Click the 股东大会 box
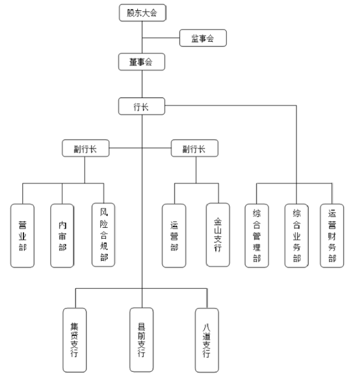(142, 13)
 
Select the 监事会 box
(203, 38)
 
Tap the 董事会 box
(142, 62)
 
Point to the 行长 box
(142, 106)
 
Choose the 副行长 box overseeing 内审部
(86, 148)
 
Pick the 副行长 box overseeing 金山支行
(194, 148)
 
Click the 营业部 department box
(22, 235)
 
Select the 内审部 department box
(62, 235)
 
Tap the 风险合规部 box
(103, 235)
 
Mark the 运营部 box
(174, 235)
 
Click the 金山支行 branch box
(218, 235)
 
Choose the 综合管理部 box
(257, 235)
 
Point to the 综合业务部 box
(297, 235)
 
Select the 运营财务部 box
(332, 235)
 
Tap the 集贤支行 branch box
(75, 340)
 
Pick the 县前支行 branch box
(142, 340)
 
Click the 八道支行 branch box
(207, 340)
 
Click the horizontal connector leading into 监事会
(161, 38)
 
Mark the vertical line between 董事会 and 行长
(142, 84)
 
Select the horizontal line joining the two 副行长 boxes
(140, 148)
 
